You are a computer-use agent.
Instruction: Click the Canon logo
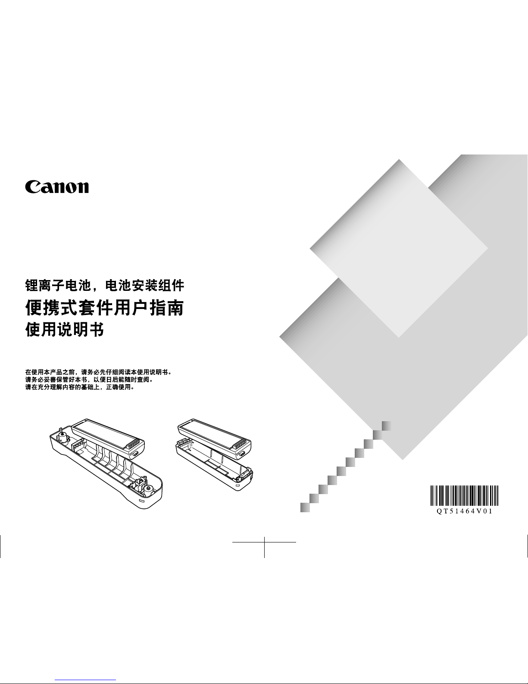pyautogui.click(x=57, y=187)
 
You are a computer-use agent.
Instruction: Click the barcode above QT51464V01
pyautogui.click(x=464, y=495)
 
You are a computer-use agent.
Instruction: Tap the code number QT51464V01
pyautogui.click(x=464, y=511)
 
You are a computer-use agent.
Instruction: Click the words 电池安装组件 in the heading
pyautogui.click(x=144, y=286)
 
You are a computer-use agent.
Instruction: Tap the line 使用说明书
pyautogui.click(x=64, y=330)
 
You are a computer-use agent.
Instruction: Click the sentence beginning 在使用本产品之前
pyautogui.click(x=98, y=372)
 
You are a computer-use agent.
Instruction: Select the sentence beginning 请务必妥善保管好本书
pyautogui.click(x=89, y=380)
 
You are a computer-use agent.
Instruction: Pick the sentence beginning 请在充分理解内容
pyautogui.click(x=80, y=387)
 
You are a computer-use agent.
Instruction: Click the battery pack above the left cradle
pyautogui.click(x=108, y=439)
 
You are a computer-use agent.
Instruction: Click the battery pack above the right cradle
pyautogui.click(x=214, y=438)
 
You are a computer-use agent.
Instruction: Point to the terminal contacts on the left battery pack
pyautogui.click(x=132, y=444)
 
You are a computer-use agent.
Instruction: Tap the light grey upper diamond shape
pyautogui.click(x=399, y=249)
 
